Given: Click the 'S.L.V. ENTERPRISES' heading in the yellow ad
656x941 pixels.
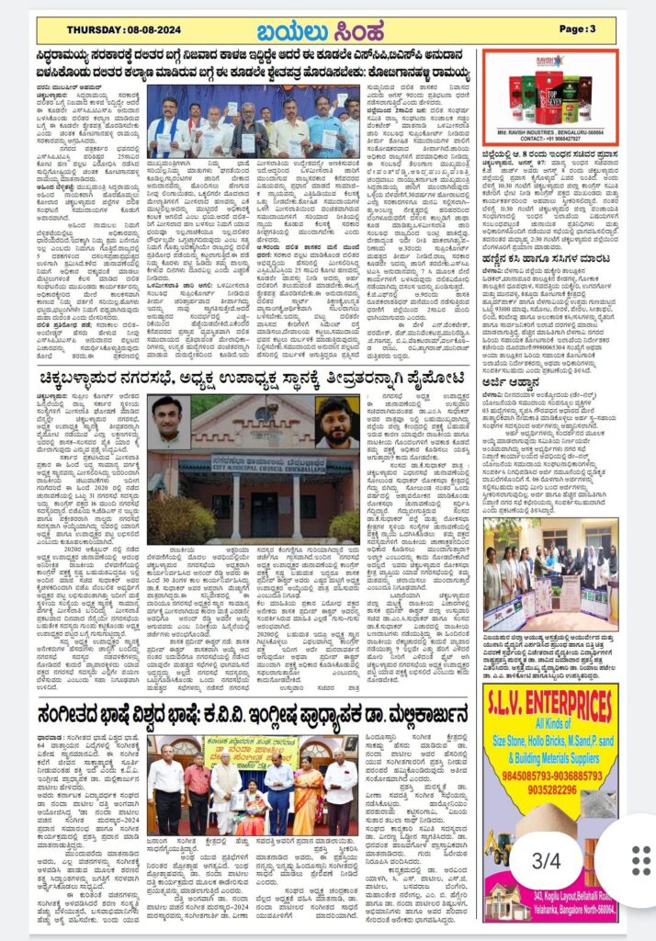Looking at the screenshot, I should (550, 708).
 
